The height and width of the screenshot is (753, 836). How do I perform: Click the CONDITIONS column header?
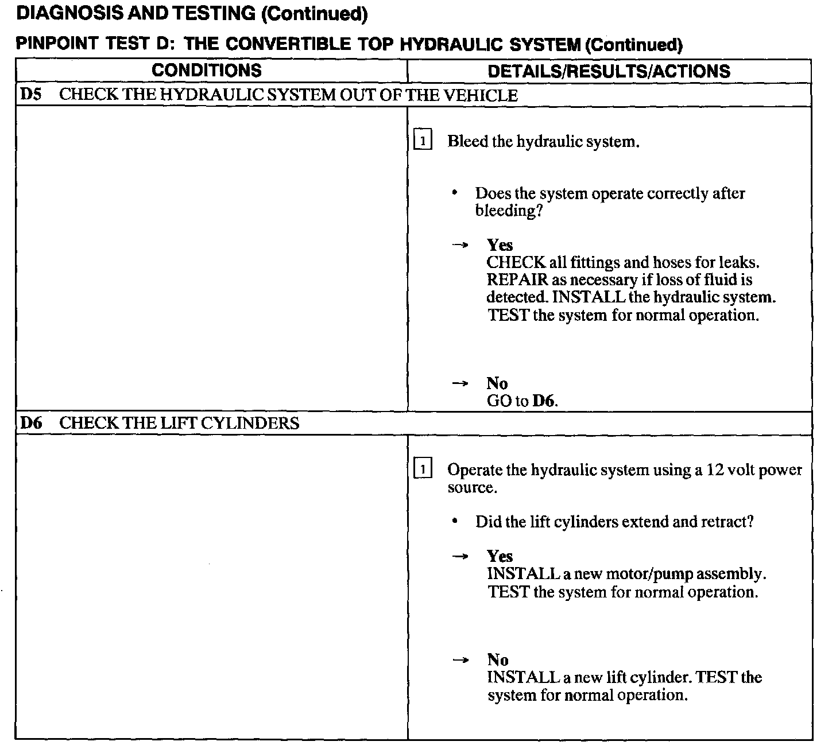click(x=207, y=71)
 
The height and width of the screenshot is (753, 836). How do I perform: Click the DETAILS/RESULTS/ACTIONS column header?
click(x=609, y=71)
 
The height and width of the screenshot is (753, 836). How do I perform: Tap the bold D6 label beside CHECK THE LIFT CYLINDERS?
click(x=31, y=424)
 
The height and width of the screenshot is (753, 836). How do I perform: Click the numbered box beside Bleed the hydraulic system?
click(x=423, y=141)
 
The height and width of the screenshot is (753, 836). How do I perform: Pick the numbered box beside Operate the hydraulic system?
click(x=423, y=470)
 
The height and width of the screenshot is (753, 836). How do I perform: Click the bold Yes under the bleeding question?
click(x=500, y=245)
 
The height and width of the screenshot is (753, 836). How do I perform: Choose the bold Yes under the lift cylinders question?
click(x=500, y=556)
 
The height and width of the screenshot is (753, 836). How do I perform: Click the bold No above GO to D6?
click(x=497, y=383)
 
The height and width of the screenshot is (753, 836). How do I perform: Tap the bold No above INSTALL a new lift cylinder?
click(x=497, y=660)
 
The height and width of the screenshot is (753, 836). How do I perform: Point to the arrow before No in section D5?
click(x=460, y=383)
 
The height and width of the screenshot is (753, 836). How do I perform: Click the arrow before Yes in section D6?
click(x=460, y=556)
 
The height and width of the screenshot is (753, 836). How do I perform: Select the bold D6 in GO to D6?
click(x=544, y=401)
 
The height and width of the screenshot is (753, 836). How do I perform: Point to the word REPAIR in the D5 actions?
click(x=517, y=281)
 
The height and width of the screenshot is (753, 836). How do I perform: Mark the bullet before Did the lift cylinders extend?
click(x=455, y=522)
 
